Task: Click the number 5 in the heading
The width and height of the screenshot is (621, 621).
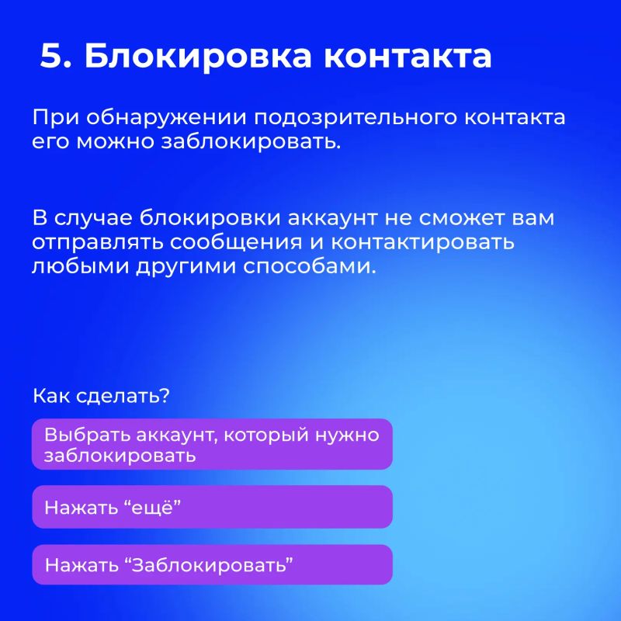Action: (x=51, y=55)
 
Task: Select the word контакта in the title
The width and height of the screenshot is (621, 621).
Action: (x=408, y=56)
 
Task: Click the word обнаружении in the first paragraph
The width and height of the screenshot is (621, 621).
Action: (x=166, y=118)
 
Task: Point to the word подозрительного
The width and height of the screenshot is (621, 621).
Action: (x=356, y=118)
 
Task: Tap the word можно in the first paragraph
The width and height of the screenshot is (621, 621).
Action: (x=115, y=142)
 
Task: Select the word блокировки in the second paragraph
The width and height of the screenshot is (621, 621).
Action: (x=210, y=218)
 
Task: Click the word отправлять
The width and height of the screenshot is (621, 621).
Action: (x=98, y=243)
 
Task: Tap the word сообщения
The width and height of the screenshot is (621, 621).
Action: (x=236, y=243)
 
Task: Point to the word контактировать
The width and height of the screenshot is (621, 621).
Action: (x=422, y=243)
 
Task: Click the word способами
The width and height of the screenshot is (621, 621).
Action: (x=309, y=266)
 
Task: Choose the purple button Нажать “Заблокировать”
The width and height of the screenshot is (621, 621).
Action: (x=212, y=565)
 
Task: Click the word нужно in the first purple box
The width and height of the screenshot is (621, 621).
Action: (x=347, y=435)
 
